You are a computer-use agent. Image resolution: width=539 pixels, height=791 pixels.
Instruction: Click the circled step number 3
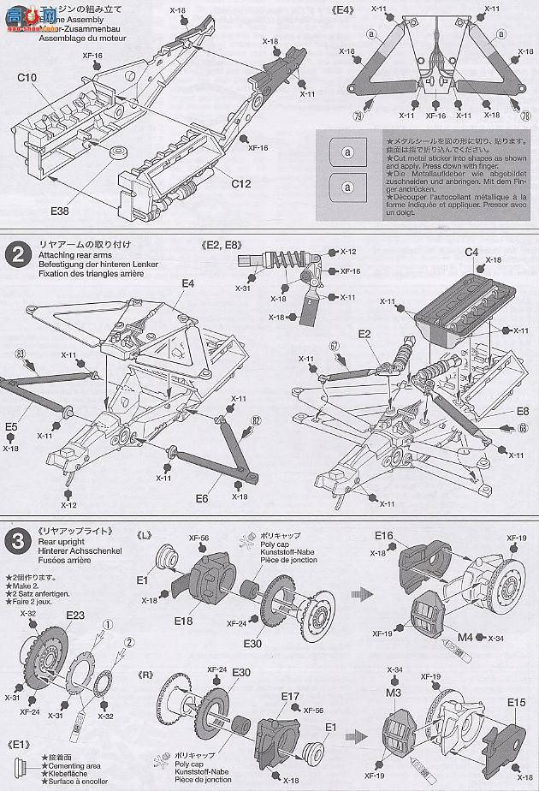click(15, 541)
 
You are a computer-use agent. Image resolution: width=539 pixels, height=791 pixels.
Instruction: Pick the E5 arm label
click(11, 425)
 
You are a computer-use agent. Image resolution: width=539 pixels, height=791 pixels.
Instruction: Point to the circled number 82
click(255, 420)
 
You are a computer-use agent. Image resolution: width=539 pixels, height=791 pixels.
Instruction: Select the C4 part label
click(471, 251)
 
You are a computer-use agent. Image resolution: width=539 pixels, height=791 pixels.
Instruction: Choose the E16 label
click(383, 535)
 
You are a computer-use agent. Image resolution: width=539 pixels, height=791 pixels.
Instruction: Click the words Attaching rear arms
click(73, 256)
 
